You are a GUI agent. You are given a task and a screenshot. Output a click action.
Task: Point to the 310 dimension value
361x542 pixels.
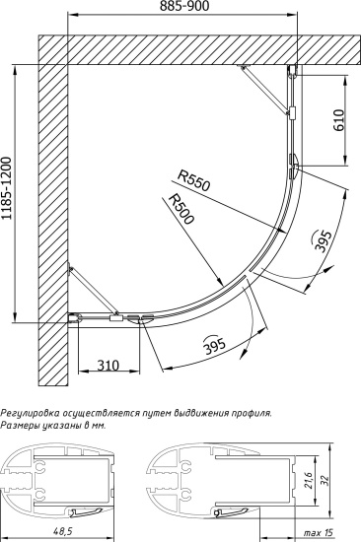click(x=108, y=365)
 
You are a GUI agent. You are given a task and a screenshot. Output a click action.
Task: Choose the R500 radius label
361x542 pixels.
click(x=181, y=210)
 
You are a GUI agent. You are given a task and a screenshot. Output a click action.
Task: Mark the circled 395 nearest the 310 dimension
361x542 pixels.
click(x=210, y=346)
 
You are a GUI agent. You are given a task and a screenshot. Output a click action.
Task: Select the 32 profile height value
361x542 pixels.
click(x=348, y=483)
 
